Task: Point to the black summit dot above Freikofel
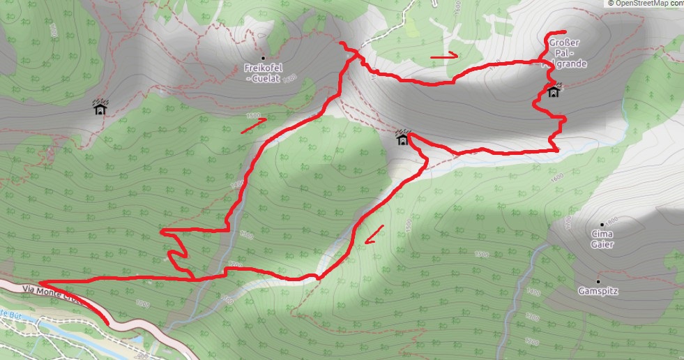tap(263, 57)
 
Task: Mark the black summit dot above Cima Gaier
tap(602, 224)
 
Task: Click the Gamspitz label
tap(598, 290)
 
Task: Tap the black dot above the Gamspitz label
tap(598, 281)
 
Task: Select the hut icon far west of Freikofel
tap(99, 107)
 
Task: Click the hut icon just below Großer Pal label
tap(554, 91)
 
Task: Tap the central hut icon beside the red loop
tap(402, 138)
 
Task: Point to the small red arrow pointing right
tap(444, 55)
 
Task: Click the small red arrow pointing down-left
tap(372, 236)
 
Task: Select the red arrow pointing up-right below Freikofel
tap(253, 126)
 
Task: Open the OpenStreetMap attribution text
tap(644, 3)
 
